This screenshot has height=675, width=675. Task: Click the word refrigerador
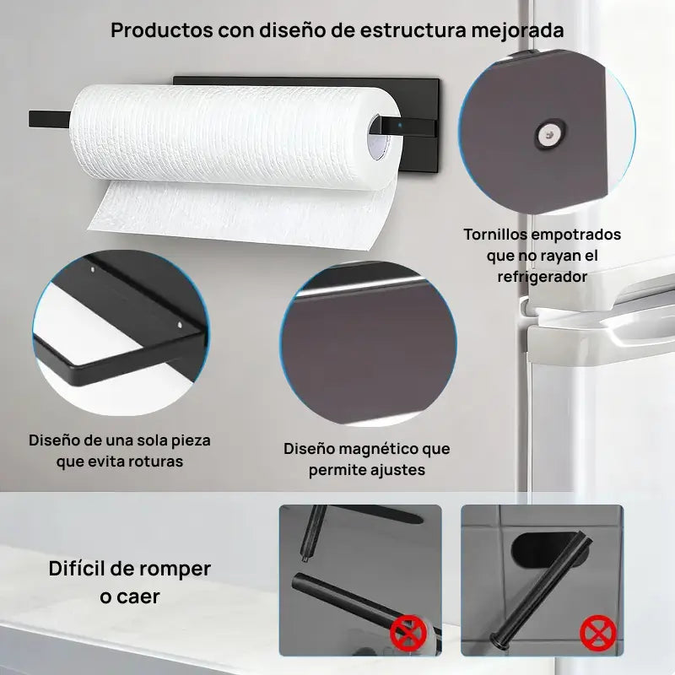click(542, 276)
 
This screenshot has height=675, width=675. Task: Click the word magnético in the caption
click(367, 448)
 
